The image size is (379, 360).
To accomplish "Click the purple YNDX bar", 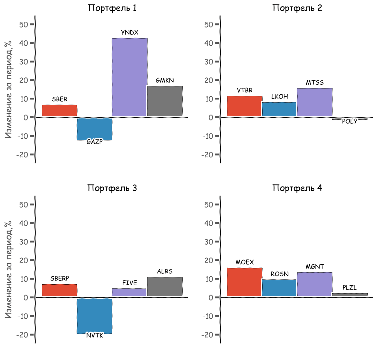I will (x=130, y=77).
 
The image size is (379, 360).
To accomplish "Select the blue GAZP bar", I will (x=94, y=129).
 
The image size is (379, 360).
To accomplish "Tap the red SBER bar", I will (x=59, y=110).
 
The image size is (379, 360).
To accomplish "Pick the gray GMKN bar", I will (x=165, y=101).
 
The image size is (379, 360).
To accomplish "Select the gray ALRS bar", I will (x=165, y=286).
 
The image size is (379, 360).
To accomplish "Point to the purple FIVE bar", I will (x=130, y=293).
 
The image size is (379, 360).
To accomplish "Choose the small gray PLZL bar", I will (x=350, y=295).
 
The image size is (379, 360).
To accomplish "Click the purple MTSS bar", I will (x=315, y=102).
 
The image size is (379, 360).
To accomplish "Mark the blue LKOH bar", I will (x=279, y=109).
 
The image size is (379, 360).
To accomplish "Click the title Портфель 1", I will (x=112, y=8).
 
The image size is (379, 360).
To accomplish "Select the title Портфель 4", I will (x=297, y=188).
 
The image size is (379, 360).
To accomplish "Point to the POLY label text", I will (x=350, y=121).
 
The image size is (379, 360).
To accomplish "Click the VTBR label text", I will (x=245, y=91).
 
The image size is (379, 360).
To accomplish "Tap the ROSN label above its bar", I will (x=279, y=274).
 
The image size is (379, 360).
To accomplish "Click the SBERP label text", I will (x=60, y=278).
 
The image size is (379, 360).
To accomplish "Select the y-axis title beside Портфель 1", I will (x=9, y=89).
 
